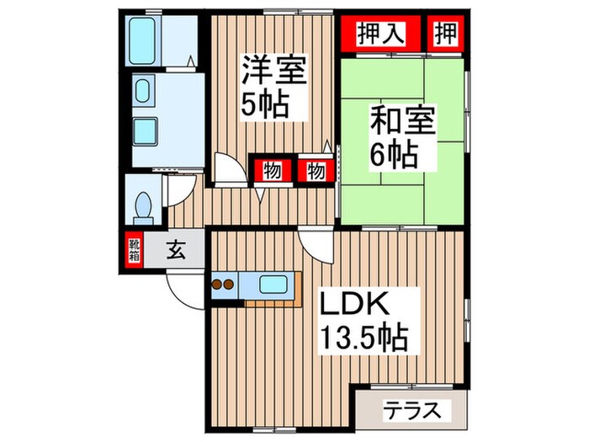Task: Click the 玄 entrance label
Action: pyautogui.click(x=176, y=250)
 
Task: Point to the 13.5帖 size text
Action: pyautogui.click(x=363, y=338)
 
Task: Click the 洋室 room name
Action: pyautogui.click(x=273, y=69)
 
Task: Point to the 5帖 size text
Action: pyautogui.click(x=266, y=104)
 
